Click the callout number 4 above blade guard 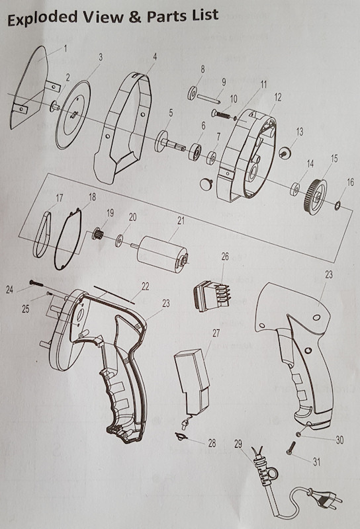coord(154,56)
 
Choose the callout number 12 coord(277,97)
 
